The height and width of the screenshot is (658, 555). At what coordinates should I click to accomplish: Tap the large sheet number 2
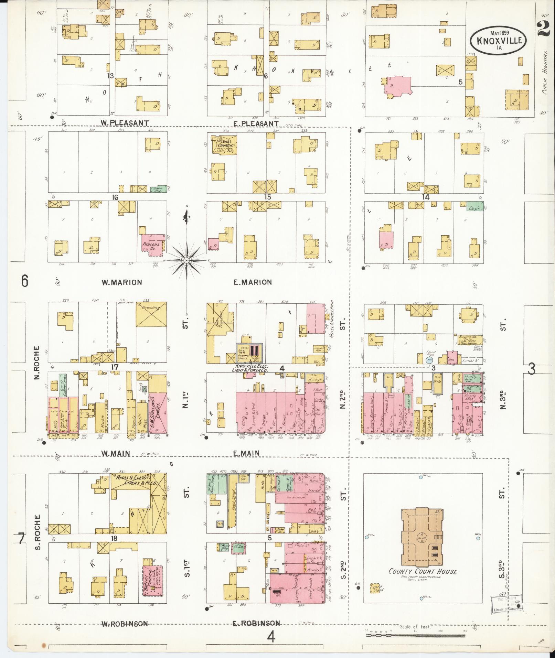tap(543, 27)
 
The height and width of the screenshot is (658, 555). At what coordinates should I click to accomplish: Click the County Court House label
tap(423, 571)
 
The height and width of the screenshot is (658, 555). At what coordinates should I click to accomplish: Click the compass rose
tap(186, 260)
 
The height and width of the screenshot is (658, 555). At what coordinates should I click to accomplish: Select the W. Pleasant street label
tap(125, 123)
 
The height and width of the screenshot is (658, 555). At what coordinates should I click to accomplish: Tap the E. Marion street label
tap(253, 282)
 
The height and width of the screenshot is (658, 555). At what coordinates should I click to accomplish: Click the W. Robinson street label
tap(125, 624)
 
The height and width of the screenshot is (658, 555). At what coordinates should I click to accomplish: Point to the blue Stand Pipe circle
tap(429, 360)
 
